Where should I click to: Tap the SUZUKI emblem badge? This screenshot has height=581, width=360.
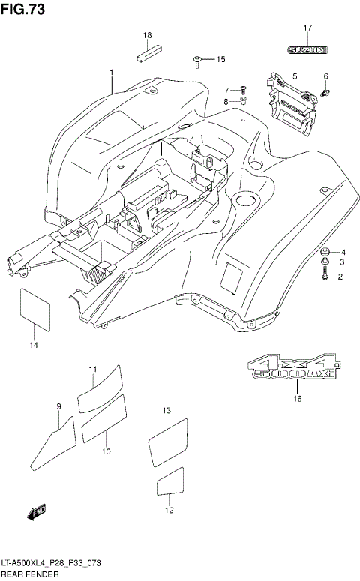click(307, 50)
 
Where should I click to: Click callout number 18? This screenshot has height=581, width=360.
click(148, 35)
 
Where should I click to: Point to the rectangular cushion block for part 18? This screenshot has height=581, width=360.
click(148, 53)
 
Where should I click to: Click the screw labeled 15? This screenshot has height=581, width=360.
click(197, 58)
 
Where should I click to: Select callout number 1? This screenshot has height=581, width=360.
click(111, 73)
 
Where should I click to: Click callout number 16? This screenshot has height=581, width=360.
click(297, 399)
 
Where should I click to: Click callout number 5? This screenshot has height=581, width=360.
click(295, 76)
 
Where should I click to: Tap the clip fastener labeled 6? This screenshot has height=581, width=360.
click(326, 92)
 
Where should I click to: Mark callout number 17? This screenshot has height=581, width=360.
click(307, 28)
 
